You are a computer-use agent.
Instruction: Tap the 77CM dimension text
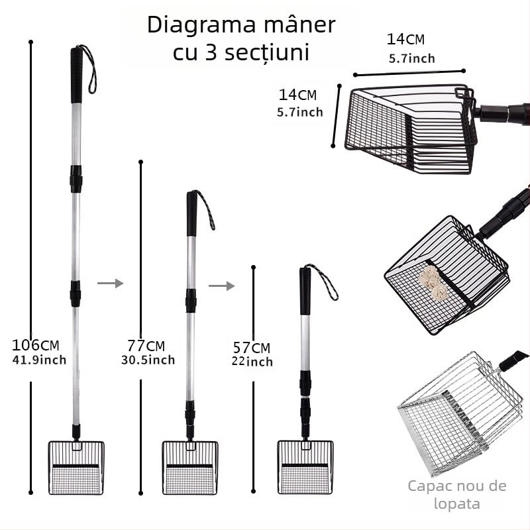(x=146, y=345)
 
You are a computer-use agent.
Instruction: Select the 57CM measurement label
(x=251, y=347)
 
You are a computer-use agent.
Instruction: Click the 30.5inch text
(x=148, y=360)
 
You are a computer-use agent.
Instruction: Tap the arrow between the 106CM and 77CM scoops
(x=110, y=284)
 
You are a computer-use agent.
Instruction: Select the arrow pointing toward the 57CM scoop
(x=221, y=286)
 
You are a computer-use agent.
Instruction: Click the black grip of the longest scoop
(x=77, y=74)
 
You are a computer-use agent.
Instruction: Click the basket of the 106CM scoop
(x=76, y=468)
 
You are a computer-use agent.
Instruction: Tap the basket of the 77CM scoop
(x=190, y=468)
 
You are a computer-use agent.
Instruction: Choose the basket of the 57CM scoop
(x=305, y=468)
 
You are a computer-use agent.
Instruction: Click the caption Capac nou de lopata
(x=457, y=495)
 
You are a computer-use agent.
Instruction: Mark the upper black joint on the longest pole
(x=76, y=179)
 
